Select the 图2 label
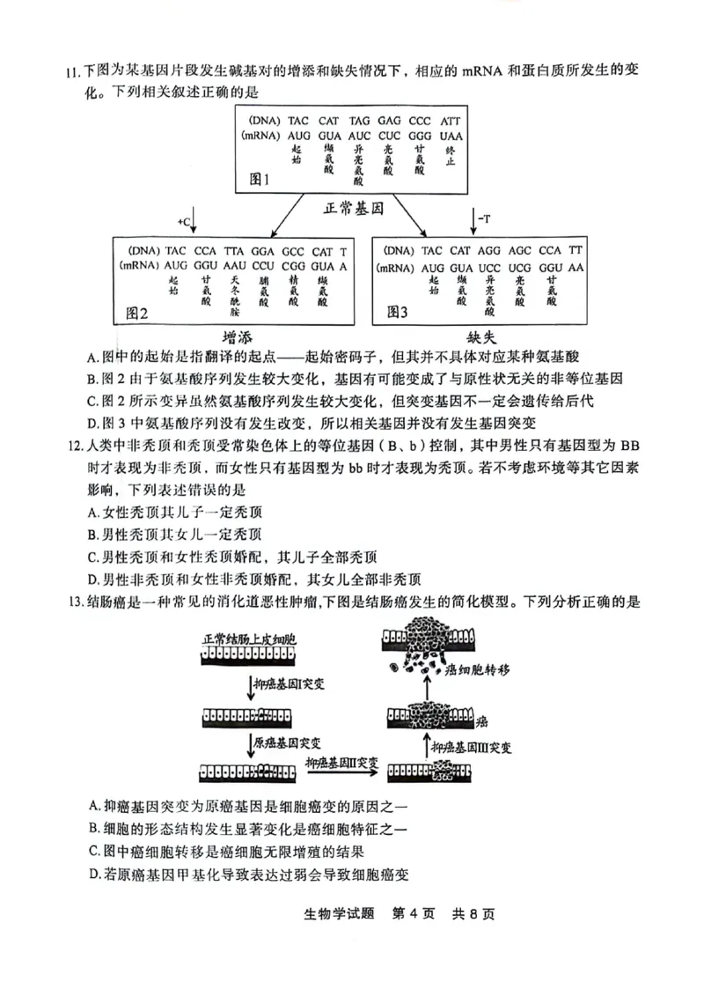(137, 313)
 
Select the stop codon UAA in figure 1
(451, 137)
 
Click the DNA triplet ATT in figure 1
(451, 120)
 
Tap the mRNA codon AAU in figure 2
(234, 265)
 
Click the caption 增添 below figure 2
(240, 337)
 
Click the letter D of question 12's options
(92, 579)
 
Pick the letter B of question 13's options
(94, 828)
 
